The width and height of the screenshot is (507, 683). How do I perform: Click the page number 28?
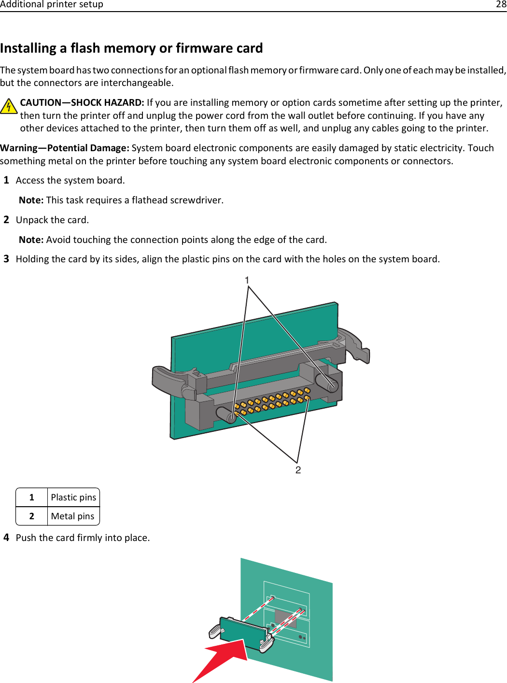(501, 4)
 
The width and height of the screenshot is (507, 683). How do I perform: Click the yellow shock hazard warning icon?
(9, 106)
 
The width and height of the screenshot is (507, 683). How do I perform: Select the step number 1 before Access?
(6, 180)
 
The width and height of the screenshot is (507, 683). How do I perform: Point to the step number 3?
(6, 259)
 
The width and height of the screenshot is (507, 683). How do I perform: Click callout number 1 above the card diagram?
(247, 280)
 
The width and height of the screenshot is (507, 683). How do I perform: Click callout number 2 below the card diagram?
(298, 470)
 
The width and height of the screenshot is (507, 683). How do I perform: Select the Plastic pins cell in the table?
(73, 498)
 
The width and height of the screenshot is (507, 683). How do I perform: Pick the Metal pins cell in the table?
(73, 516)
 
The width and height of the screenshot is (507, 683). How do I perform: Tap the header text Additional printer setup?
(52, 4)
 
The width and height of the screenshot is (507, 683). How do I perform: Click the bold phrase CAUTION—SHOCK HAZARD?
(82, 102)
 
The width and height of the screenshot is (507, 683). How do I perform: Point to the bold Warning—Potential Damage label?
(65, 148)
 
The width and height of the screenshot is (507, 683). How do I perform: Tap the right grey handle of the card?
(355, 344)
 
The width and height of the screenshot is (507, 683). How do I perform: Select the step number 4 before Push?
(6, 538)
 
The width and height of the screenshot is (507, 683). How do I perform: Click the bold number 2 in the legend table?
(32, 516)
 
